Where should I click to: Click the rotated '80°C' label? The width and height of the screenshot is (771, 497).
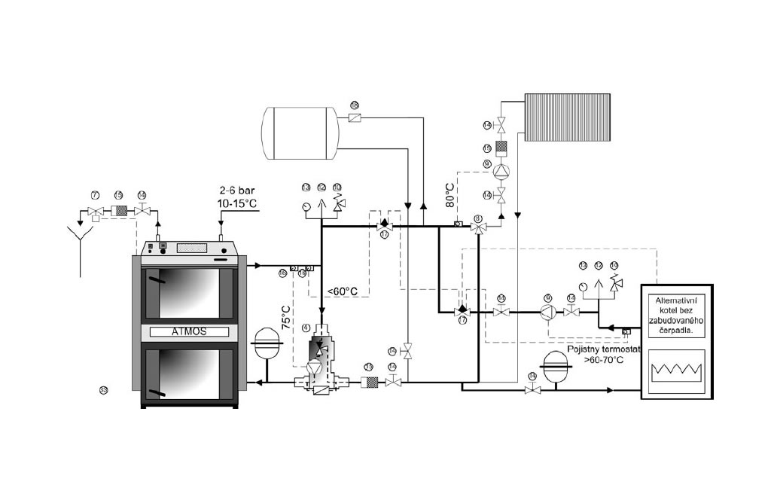tap(450, 195)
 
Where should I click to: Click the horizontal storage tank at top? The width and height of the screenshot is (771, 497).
tap(300, 133)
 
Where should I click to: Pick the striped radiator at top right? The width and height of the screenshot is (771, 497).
tap(573, 117)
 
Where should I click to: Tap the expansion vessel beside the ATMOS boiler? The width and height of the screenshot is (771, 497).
tap(268, 343)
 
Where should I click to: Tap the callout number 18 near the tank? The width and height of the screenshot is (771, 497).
tap(355, 105)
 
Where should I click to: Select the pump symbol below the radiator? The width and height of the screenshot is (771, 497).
tap(502, 172)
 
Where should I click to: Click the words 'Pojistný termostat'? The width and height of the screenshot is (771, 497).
tap(605, 350)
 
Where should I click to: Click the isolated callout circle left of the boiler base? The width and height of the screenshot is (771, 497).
tap(104, 389)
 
